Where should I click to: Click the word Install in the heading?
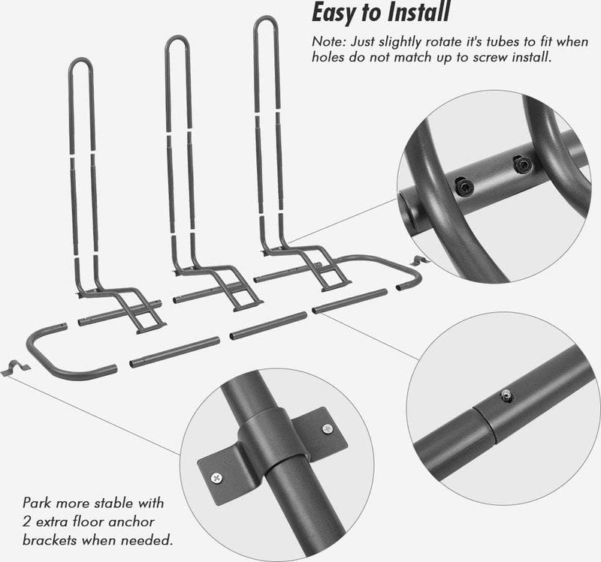click(x=418, y=12)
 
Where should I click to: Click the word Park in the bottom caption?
click(x=37, y=503)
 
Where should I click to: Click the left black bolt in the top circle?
click(x=464, y=187)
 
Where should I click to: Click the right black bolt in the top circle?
click(x=522, y=164)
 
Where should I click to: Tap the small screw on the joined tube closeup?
click(x=506, y=395)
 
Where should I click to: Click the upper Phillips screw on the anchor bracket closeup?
click(x=327, y=428)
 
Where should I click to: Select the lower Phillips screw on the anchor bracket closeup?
click(x=216, y=478)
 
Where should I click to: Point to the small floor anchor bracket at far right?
click(x=419, y=261)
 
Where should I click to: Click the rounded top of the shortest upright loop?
click(x=81, y=62)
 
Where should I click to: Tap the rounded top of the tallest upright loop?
click(x=265, y=20)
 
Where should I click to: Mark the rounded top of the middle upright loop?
click(x=177, y=41)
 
